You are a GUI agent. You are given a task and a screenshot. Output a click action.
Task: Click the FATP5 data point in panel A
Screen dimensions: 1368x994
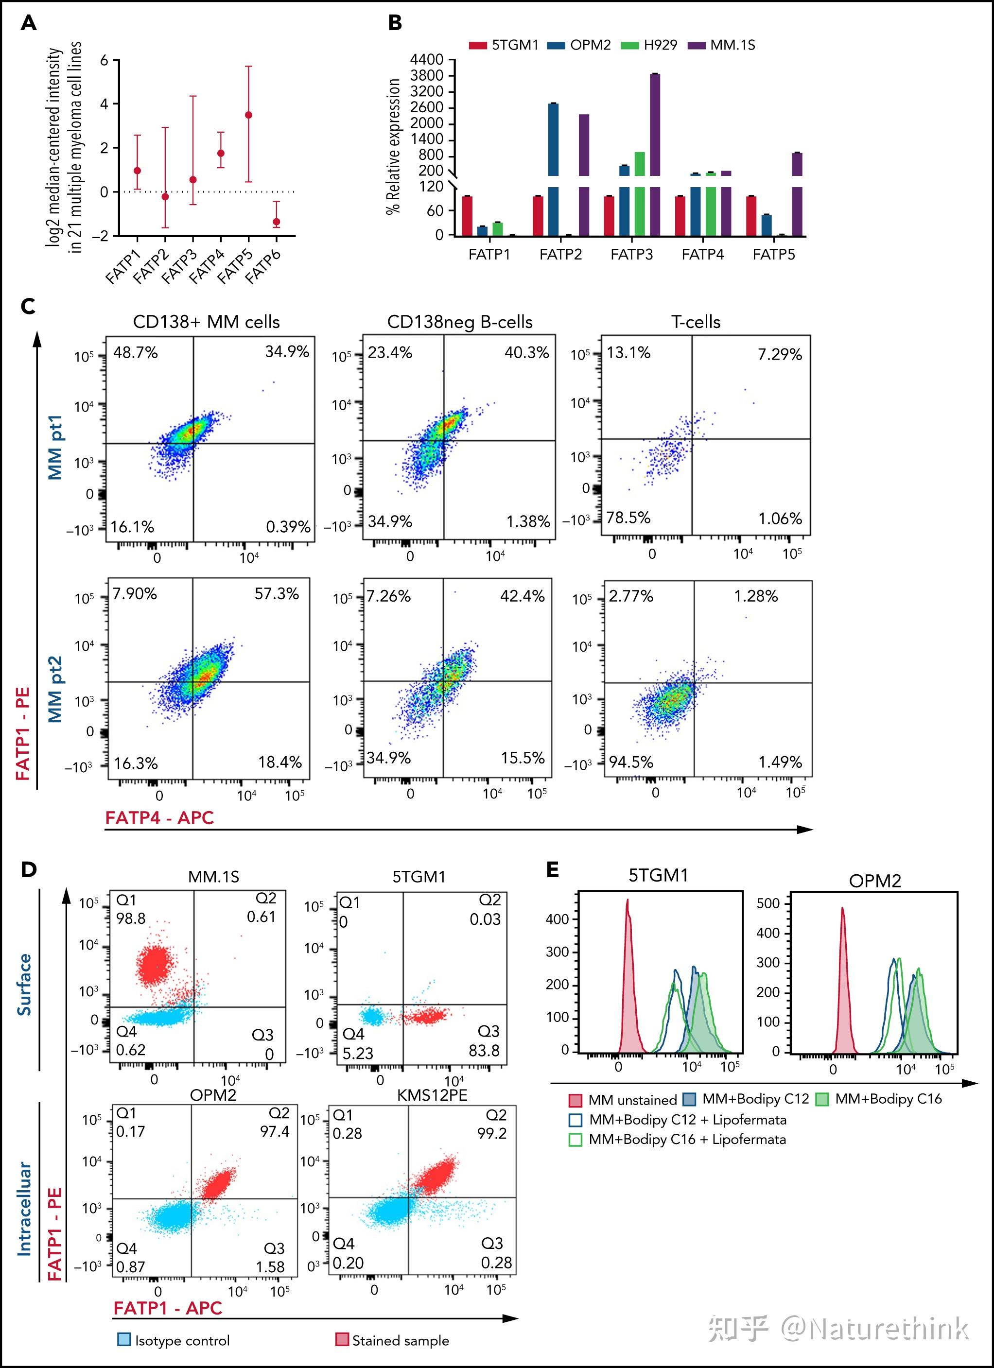click(x=248, y=115)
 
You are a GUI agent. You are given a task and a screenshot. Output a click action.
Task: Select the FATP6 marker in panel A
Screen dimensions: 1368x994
click(x=276, y=222)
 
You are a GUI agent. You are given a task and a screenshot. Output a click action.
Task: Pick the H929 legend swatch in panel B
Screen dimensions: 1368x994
click(x=629, y=45)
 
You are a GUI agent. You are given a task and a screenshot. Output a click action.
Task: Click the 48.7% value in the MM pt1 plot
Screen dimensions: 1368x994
click(x=135, y=353)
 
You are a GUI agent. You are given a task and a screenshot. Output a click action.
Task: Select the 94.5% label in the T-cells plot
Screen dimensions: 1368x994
click(x=631, y=762)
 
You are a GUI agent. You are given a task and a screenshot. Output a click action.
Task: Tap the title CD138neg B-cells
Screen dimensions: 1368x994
click(x=460, y=322)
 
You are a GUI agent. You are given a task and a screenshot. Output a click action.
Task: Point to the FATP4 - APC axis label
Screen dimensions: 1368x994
click(x=160, y=818)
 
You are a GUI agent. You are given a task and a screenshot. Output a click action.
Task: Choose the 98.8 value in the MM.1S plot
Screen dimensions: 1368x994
click(x=131, y=918)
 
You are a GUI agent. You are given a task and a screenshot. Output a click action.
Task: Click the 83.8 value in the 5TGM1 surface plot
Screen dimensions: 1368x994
click(x=484, y=1051)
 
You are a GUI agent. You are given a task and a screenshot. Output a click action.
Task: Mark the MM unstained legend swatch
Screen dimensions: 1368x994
click(x=575, y=1100)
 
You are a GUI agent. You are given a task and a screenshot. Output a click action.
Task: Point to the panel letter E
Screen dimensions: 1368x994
click(x=552, y=869)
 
